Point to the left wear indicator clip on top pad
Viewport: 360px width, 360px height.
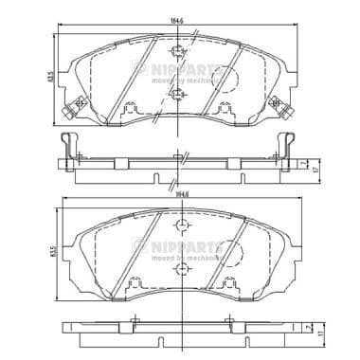pos(67,118)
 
